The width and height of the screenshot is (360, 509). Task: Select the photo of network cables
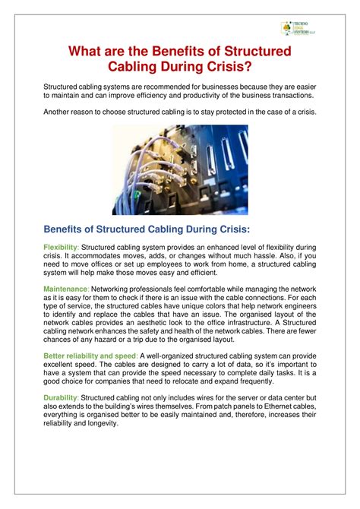[x=179, y=170]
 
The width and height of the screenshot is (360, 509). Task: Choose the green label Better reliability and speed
[x=90, y=356]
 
